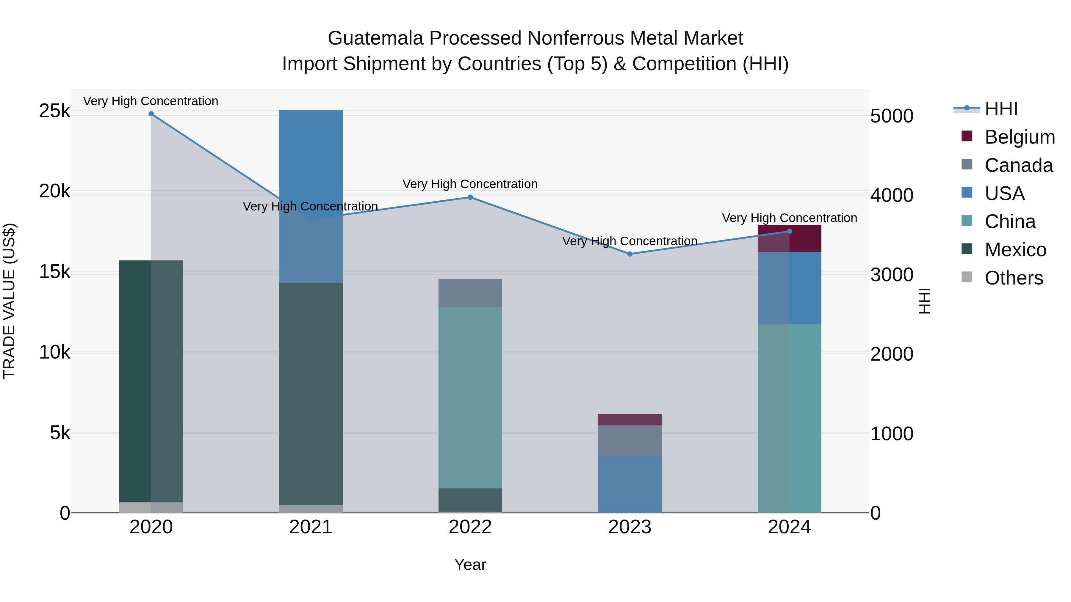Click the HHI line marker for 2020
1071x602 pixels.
click(151, 114)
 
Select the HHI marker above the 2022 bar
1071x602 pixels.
click(470, 197)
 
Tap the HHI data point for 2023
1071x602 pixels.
click(630, 254)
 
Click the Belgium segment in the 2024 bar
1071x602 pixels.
click(805, 238)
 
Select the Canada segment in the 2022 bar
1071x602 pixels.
click(470, 293)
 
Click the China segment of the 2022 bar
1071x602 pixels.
click(470, 397)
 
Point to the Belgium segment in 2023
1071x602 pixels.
click(630, 419)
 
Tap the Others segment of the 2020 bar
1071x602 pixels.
click(151, 507)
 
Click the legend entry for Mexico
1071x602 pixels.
click(1015, 250)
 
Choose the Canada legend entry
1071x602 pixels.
click(1018, 165)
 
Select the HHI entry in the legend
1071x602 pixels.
click(1001, 109)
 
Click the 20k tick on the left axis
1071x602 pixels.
click(54, 191)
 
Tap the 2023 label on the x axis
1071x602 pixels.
click(630, 527)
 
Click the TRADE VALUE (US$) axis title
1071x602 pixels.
click(9, 301)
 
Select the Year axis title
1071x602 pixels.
click(470, 565)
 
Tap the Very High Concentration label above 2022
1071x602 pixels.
click(470, 184)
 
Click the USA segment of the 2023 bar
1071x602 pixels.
click(630, 484)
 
